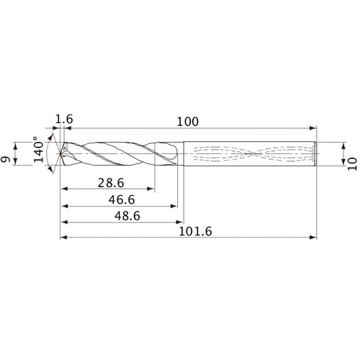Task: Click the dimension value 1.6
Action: point(64,118)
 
